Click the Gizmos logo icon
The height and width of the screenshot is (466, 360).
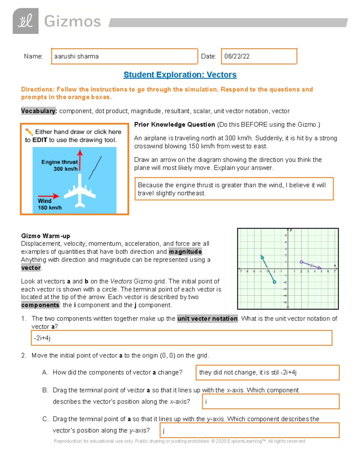(25, 21)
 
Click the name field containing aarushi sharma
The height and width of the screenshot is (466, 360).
(124, 56)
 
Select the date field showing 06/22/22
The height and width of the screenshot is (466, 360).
(259, 56)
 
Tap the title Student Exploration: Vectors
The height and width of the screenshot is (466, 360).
(180, 75)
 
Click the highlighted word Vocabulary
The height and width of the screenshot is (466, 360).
(39, 111)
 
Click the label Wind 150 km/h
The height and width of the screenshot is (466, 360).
(49, 204)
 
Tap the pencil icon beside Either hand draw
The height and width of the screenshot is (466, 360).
(29, 132)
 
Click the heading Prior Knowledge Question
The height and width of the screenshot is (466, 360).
(174, 125)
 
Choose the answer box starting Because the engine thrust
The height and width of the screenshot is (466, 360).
(234, 189)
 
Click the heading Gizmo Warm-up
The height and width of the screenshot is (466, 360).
(46, 236)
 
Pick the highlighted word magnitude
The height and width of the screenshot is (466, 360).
(185, 252)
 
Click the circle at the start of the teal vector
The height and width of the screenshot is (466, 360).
(274, 282)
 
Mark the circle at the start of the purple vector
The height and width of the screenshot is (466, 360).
(301, 262)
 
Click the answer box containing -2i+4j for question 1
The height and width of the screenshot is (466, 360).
(181, 338)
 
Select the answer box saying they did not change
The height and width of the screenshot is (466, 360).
(267, 373)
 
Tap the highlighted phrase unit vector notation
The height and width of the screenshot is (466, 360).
(207, 319)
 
